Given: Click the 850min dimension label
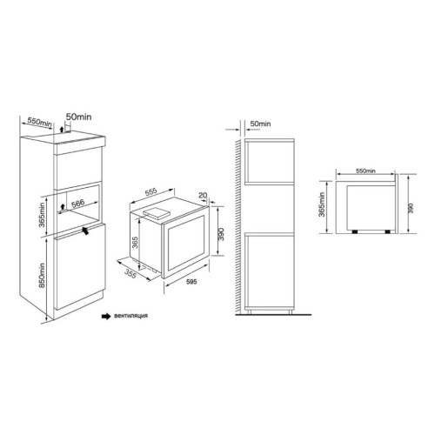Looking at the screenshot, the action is click(x=43, y=275).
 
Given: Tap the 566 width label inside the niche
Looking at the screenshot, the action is click(x=77, y=203).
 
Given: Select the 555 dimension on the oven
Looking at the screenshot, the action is click(x=151, y=191).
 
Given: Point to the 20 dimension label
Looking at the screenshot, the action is click(x=203, y=195).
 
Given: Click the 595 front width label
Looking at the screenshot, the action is click(x=191, y=282).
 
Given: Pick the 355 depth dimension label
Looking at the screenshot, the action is click(x=130, y=274).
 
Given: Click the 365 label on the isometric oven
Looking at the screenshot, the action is click(x=135, y=243).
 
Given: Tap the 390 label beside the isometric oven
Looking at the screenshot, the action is click(x=221, y=234).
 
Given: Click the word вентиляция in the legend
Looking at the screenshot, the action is click(x=131, y=316).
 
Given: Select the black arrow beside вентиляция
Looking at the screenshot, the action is click(x=106, y=316).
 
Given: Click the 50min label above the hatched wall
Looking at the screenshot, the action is click(x=260, y=124).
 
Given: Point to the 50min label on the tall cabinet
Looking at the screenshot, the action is click(x=78, y=117).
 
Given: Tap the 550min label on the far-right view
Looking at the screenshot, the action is click(x=365, y=171).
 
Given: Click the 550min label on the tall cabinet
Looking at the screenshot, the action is click(x=40, y=122).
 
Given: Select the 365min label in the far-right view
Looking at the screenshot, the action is click(x=322, y=204).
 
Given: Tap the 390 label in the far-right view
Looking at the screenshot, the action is click(x=411, y=208).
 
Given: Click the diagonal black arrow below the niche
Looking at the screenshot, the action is click(x=85, y=231).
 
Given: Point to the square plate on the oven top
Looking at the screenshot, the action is click(x=156, y=213).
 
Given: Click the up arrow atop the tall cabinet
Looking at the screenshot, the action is click(x=61, y=130).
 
